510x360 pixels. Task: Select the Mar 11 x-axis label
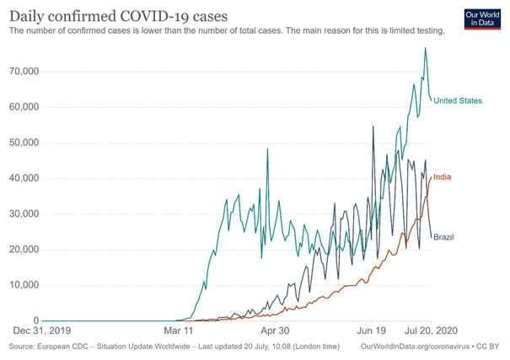point(178,331)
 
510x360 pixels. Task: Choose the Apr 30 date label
point(274,331)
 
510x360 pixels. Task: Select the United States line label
point(458,101)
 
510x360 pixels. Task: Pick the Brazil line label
point(444,238)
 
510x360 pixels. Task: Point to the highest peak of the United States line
point(425,48)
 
